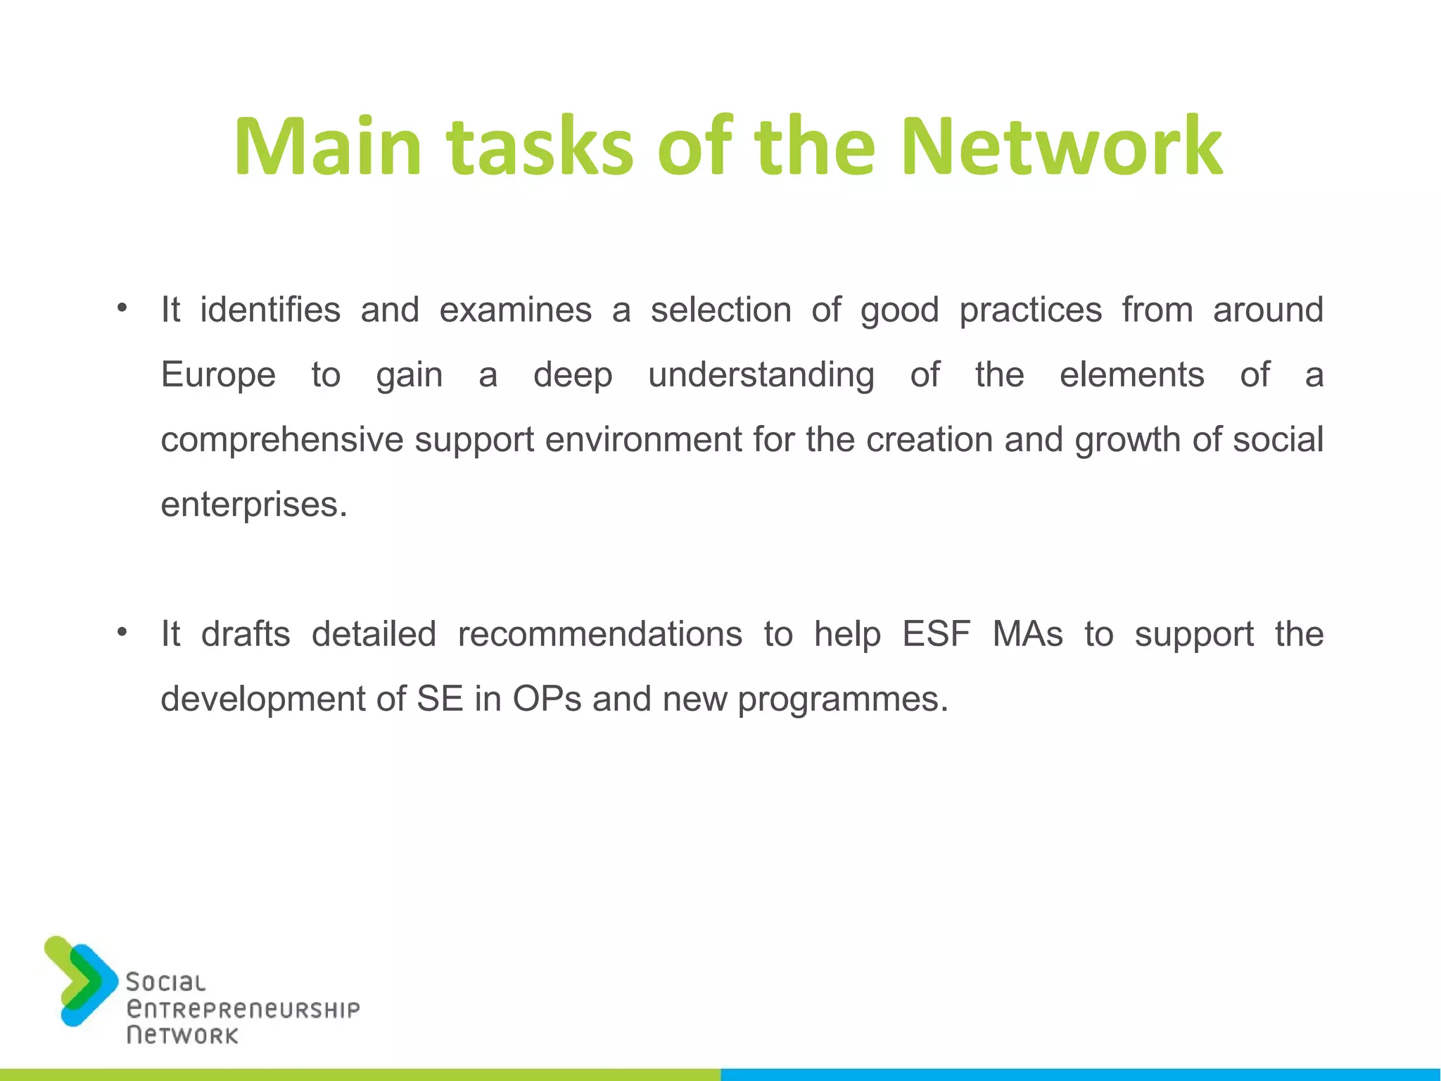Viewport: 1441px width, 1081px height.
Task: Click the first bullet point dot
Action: click(x=122, y=308)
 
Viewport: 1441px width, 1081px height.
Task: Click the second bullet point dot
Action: click(x=122, y=632)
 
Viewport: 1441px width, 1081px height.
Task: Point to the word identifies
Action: click(x=270, y=310)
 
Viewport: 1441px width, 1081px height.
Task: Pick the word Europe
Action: click(x=218, y=375)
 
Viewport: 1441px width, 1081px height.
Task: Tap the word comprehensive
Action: click(x=281, y=441)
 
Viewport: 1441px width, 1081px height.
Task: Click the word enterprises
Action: click(x=253, y=505)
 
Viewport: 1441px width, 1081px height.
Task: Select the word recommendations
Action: click(x=599, y=634)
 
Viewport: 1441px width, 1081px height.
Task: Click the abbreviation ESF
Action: click(x=936, y=634)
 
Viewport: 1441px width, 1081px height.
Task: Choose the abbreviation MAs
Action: click(x=1027, y=634)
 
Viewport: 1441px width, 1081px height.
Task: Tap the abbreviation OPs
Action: click(x=547, y=699)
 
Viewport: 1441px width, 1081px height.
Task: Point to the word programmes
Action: click(x=842, y=700)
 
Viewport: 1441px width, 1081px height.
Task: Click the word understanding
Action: click(x=761, y=375)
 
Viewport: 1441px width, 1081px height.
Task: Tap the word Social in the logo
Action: click(x=166, y=982)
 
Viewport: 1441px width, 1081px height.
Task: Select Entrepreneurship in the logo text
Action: click(x=243, y=1009)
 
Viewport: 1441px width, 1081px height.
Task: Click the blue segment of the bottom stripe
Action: click(x=1081, y=1075)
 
